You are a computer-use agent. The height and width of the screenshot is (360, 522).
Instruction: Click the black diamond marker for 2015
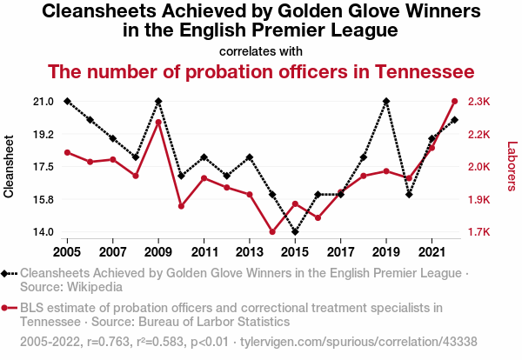(295, 232)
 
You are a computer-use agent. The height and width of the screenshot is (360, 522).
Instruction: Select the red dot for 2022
(455, 102)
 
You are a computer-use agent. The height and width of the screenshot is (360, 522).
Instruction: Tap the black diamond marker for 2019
(386, 102)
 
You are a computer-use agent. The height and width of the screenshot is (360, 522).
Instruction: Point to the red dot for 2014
(272, 232)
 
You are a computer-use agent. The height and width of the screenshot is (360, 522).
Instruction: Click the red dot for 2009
(158, 122)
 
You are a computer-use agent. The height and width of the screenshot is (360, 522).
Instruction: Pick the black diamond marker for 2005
(67, 102)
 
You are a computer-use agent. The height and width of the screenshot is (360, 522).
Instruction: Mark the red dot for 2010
(181, 206)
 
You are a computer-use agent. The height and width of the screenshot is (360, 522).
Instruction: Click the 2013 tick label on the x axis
(250, 252)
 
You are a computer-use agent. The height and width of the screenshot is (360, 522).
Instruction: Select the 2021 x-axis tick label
(432, 252)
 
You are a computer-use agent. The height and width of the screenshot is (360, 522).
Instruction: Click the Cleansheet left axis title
(10, 167)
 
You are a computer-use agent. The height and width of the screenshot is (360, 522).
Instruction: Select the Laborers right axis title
(512, 167)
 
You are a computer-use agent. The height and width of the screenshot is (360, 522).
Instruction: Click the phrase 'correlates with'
(261, 50)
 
